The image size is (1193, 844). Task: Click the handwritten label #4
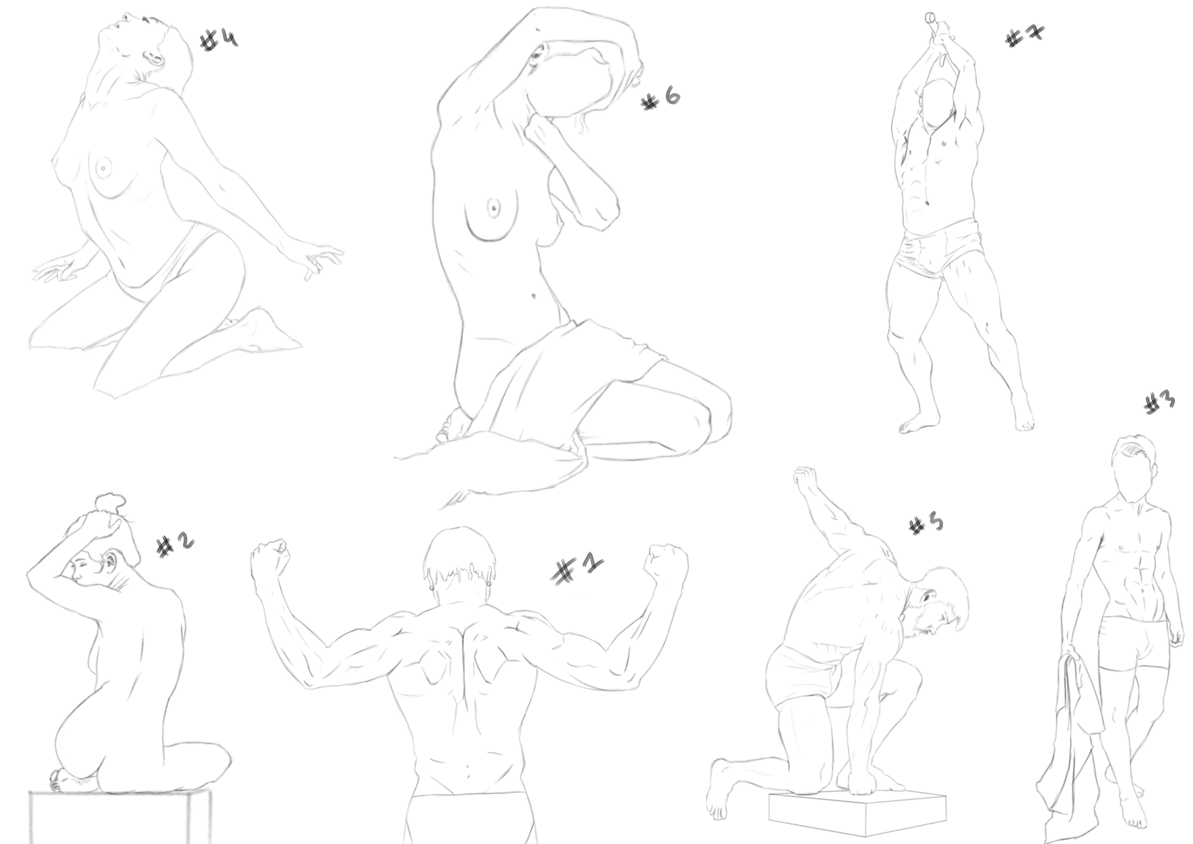219,40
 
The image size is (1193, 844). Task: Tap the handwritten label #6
661,98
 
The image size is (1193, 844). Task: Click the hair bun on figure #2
110,503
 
